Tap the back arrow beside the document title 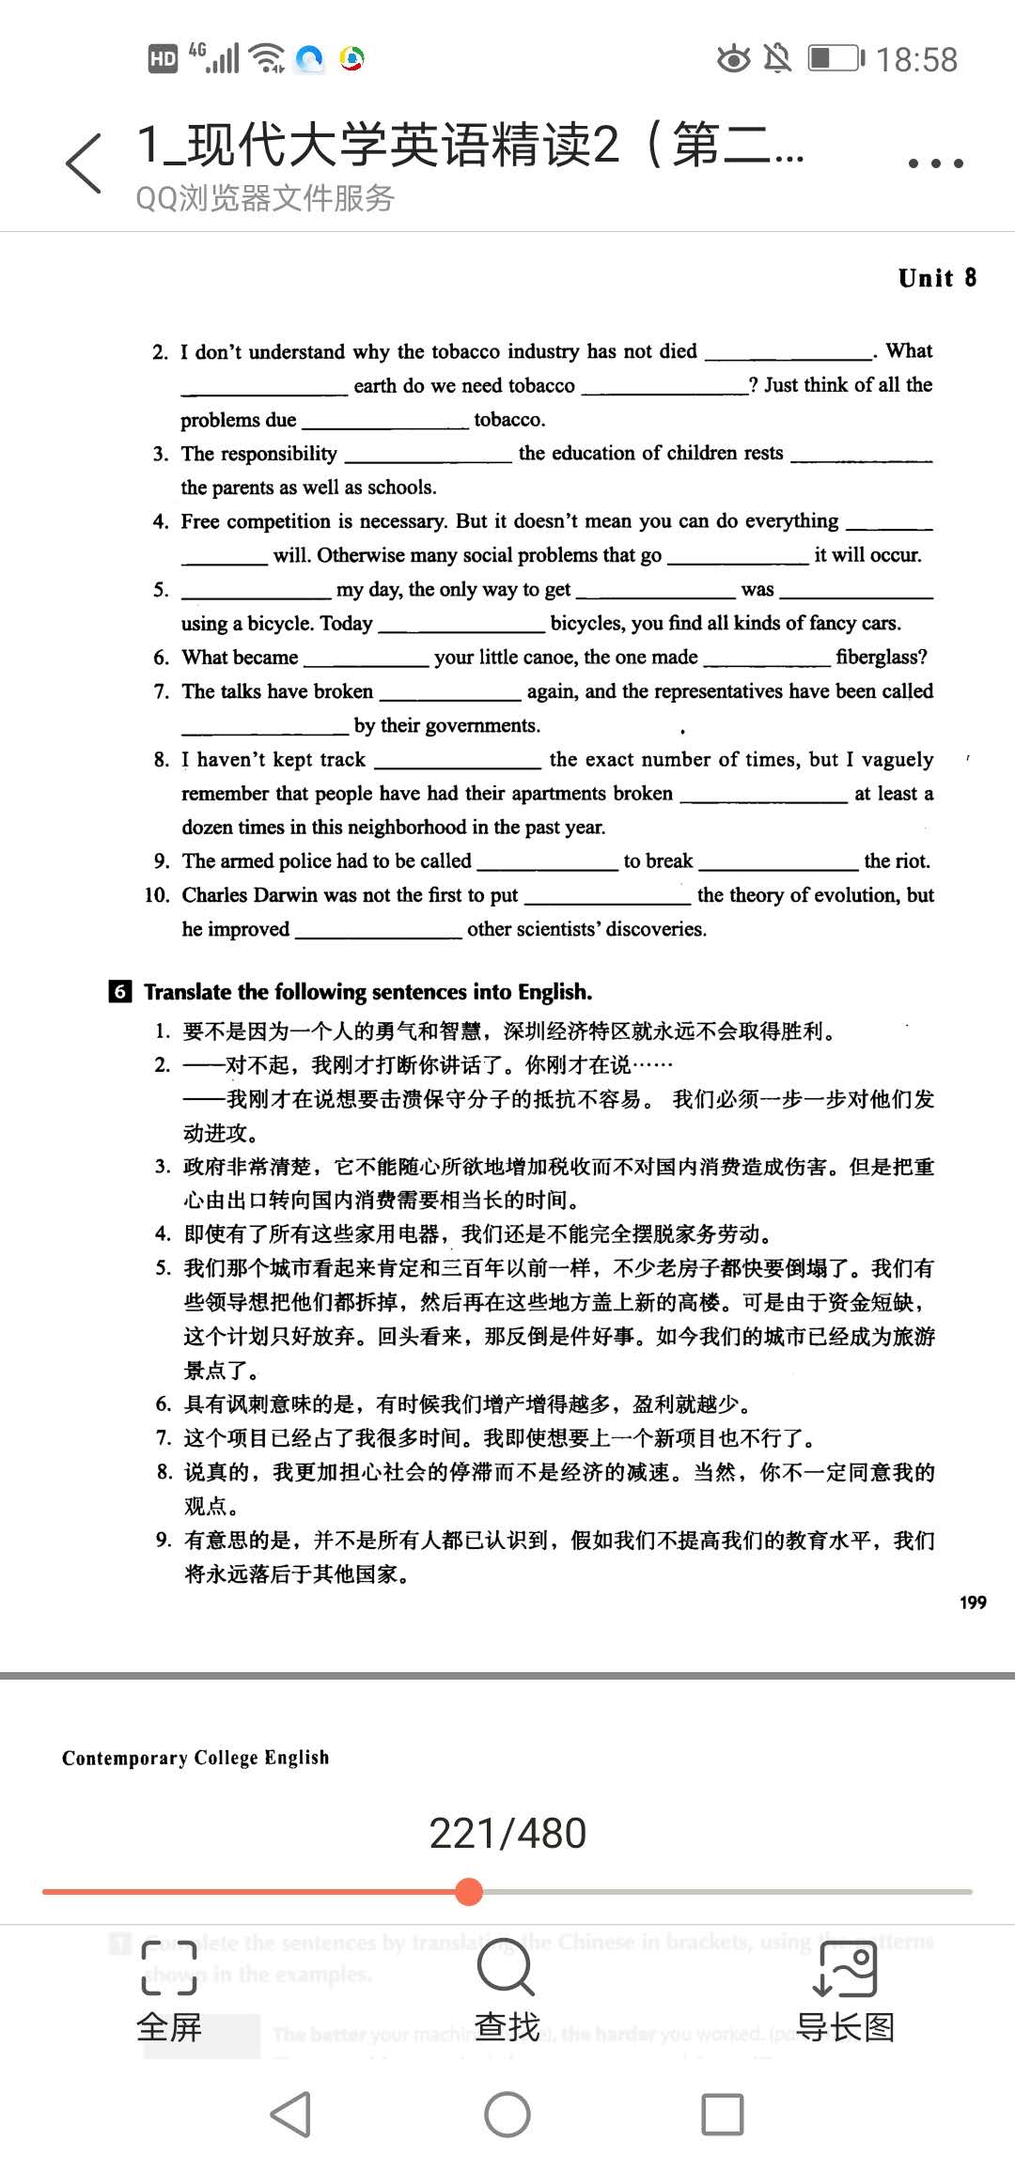[84, 163]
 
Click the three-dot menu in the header [935, 163]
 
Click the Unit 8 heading [937, 278]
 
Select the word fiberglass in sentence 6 [881, 657]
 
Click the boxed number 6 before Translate [120, 992]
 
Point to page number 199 [973, 1603]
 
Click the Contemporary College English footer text [195, 1758]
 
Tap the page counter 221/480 [507, 1834]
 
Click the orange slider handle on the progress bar [468, 1892]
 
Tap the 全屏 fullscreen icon [169, 1968]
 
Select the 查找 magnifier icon [507, 1968]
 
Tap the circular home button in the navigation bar [507, 2116]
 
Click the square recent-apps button [723, 2116]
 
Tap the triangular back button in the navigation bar [291, 2116]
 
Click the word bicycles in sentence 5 [587, 623]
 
